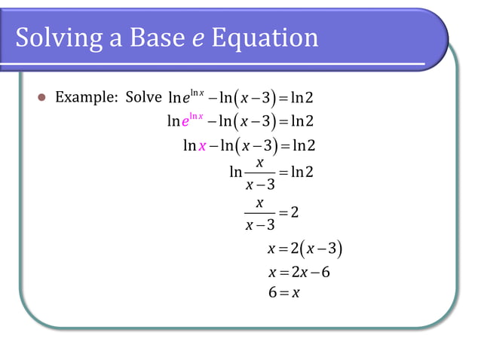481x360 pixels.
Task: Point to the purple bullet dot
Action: tap(41, 98)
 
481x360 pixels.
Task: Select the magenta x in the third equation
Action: tap(201, 145)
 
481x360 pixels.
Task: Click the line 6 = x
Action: tap(283, 292)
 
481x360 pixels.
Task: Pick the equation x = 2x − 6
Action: tap(299, 271)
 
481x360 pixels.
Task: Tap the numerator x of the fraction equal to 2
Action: tap(259, 203)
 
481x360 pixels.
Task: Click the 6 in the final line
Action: tap(271, 292)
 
